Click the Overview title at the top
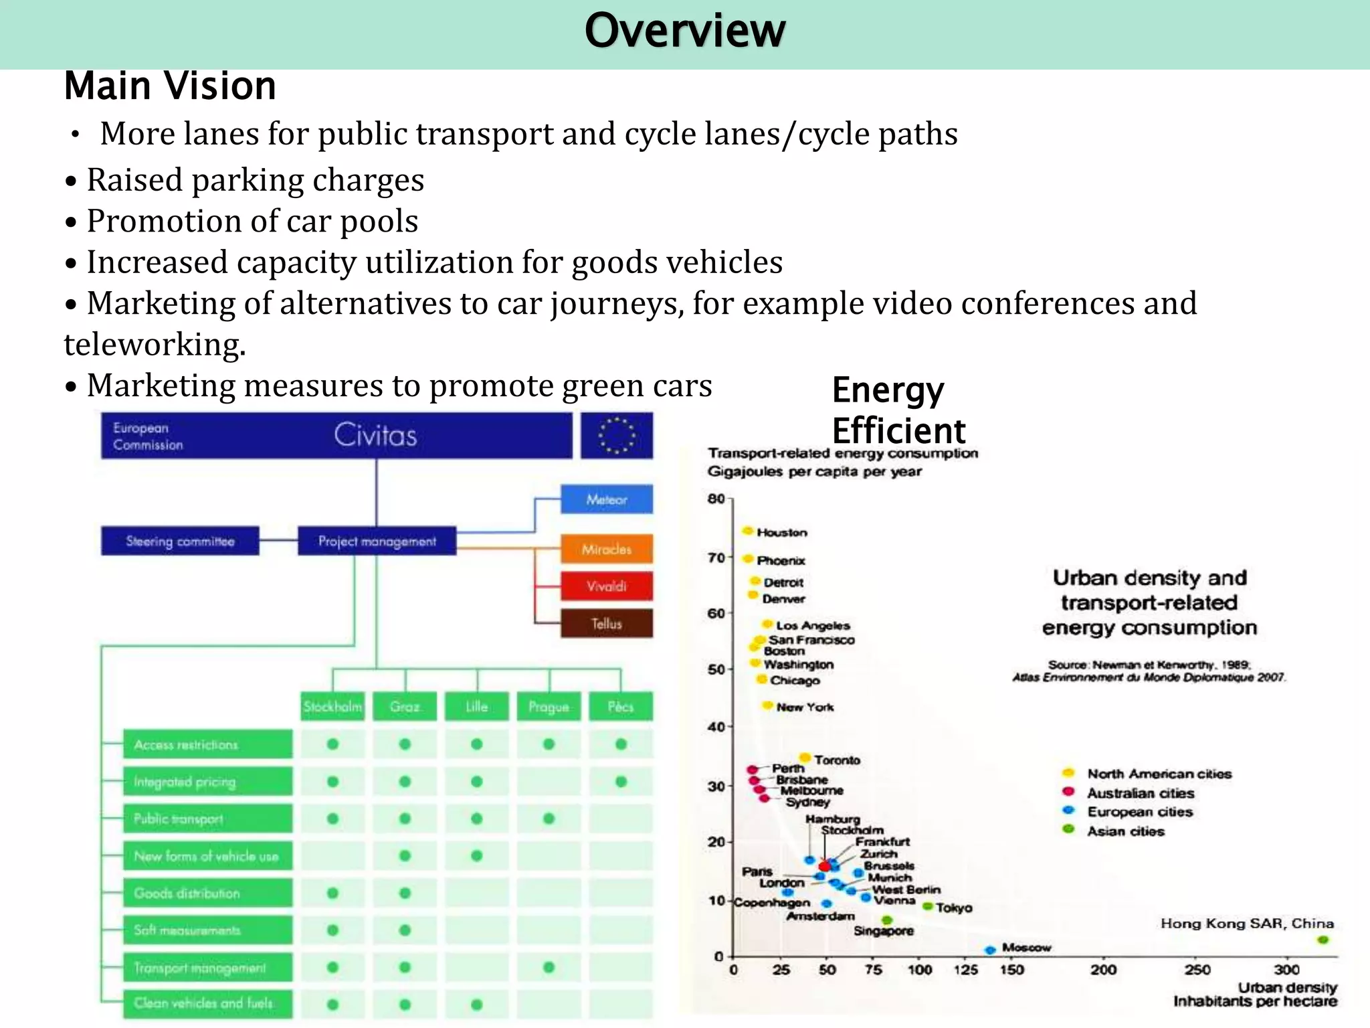[684, 31]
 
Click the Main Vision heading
[170, 86]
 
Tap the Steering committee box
[180, 541]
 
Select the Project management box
[377, 541]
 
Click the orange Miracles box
[606, 549]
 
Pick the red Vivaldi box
[606, 586]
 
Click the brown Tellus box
[606, 624]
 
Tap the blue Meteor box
[606, 499]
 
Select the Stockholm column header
[332, 707]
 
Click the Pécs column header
[620, 707]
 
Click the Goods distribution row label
[207, 893]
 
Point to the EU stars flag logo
[616, 436]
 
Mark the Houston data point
[748, 531]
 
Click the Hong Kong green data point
[1323, 940]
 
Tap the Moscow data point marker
[991, 950]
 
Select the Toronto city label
[837, 760]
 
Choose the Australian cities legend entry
[1140, 793]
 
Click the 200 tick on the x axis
[1104, 969]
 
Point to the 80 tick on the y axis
[716, 499]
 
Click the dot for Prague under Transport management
[549, 967]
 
